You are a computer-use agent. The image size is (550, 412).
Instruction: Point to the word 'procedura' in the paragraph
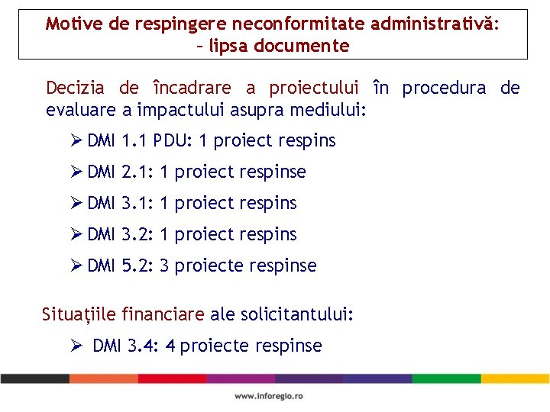pyautogui.click(x=444, y=88)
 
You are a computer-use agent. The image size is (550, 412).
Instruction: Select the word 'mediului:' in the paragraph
pyautogui.click(x=331, y=111)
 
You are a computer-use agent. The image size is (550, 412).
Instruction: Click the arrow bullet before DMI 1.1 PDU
pyautogui.click(x=76, y=140)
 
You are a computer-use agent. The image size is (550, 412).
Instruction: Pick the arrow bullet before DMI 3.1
pyautogui.click(x=76, y=203)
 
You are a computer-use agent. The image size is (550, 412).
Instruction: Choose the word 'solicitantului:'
pyautogui.click(x=297, y=314)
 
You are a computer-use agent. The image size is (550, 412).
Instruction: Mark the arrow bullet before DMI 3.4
pyautogui.click(x=76, y=346)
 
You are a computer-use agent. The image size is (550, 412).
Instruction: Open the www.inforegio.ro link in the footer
pyautogui.click(x=269, y=396)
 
